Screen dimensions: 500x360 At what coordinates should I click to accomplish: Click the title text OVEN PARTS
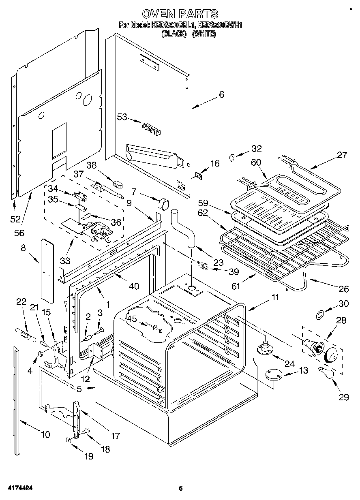point(180,14)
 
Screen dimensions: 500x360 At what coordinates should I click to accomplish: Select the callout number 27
point(342,154)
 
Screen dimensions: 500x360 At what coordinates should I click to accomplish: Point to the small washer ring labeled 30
point(320,313)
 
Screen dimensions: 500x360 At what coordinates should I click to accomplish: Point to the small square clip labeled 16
point(198,175)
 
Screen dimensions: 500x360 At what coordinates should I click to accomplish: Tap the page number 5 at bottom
point(181,489)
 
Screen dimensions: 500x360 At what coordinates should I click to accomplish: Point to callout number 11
point(275,297)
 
